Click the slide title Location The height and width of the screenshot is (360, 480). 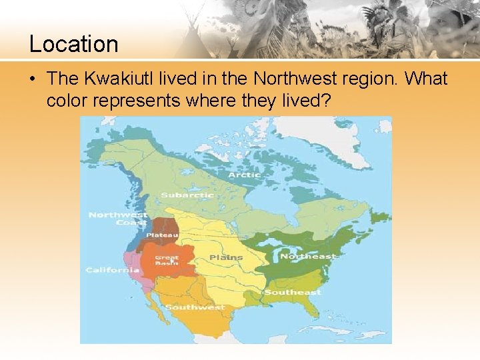(73, 44)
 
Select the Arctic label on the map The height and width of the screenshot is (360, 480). (244, 175)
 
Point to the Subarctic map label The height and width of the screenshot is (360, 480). (187, 195)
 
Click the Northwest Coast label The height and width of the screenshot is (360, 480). (118, 219)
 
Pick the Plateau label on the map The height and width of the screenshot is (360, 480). (162, 235)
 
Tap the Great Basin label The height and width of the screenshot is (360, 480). (167, 260)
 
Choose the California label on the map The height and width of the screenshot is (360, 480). (112, 270)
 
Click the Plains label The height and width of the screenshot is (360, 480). (226, 257)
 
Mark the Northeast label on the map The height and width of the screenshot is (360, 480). (308, 257)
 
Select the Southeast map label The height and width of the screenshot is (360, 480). (293, 292)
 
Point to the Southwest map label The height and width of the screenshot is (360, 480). (195, 307)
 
